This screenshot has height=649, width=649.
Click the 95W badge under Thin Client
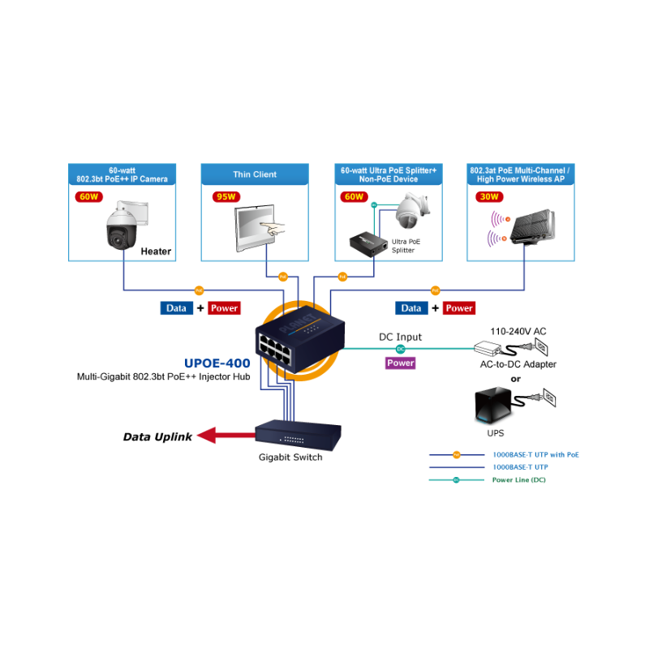pyautogui.click(x=226, y=196)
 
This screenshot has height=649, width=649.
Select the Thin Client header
pyautogui.click(x=255, y=174)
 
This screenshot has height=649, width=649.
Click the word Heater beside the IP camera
pyautogui.click(x=156, y=251)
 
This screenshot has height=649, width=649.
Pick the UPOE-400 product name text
pyautogui.click(x=217, y=363)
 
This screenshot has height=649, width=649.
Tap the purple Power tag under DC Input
pyautogui.click(x=400, y=363)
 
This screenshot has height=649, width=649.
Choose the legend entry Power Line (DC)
pyautogui.click(x=519, y=480)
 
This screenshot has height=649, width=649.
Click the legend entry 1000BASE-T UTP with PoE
pyautogui.click(x=535, y=455)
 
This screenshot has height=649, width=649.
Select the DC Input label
pyautogui.click(x=400, y=337)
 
